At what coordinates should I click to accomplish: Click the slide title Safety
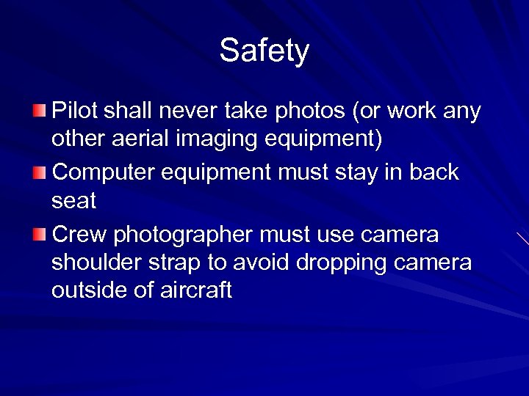[264, 51]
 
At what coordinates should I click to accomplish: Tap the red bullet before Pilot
[39, 111]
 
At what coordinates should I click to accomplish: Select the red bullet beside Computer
[39, 173]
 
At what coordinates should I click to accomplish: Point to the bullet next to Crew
[39, 235]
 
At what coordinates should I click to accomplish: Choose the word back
[433, 173]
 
